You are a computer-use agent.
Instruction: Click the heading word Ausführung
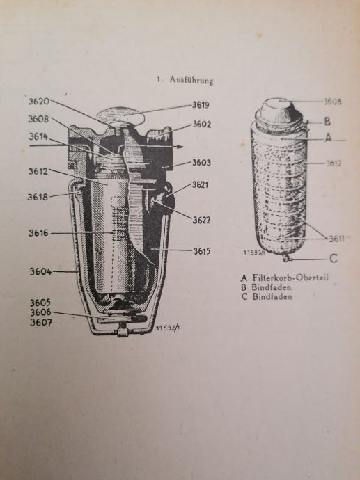191,81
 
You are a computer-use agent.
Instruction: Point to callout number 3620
39,101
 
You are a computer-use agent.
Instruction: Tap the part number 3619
201,105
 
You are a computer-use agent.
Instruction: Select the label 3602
202,125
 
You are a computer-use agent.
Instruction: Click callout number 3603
202,163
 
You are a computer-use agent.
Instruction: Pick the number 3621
200,184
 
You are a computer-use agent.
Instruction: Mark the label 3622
202,220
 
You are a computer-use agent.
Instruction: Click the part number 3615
202,251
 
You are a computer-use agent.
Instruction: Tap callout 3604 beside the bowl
40,271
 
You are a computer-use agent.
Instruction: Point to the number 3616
38,233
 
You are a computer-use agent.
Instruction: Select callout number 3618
38,197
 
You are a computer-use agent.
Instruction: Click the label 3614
38,136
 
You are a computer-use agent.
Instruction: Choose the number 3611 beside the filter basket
337,239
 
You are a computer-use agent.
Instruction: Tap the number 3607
41,323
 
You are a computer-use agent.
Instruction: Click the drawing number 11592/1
167,328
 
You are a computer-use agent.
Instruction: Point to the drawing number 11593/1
253,253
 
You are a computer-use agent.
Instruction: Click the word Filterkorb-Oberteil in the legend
290,278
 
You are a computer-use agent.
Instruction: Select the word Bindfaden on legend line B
272,287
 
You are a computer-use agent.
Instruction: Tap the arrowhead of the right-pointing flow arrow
180,147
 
